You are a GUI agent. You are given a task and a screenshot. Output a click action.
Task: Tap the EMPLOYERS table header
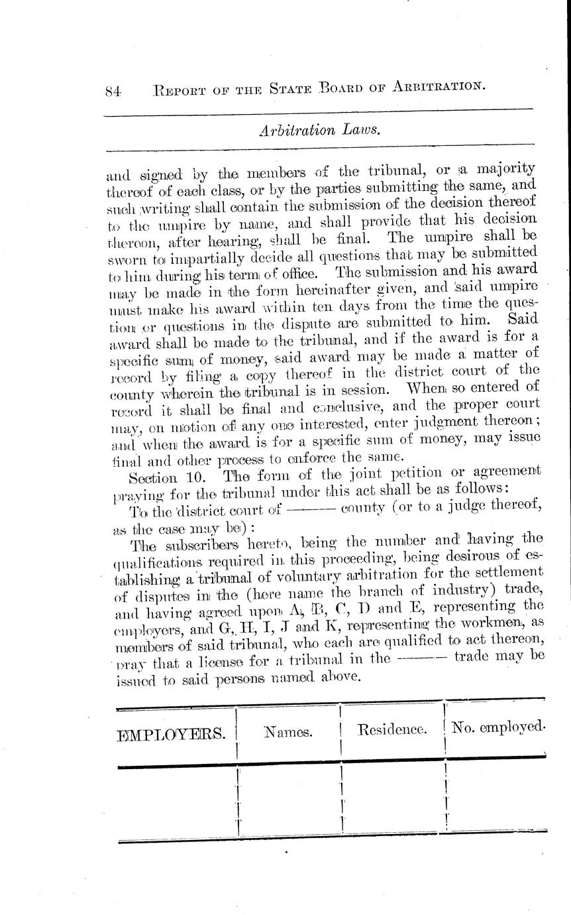tap(175, 733)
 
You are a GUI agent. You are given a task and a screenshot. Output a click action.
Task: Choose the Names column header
tap(288, 732)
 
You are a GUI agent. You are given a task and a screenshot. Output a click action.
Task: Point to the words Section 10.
tap(157, 477)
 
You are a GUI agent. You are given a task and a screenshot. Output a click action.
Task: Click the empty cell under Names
tap(288, 799)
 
